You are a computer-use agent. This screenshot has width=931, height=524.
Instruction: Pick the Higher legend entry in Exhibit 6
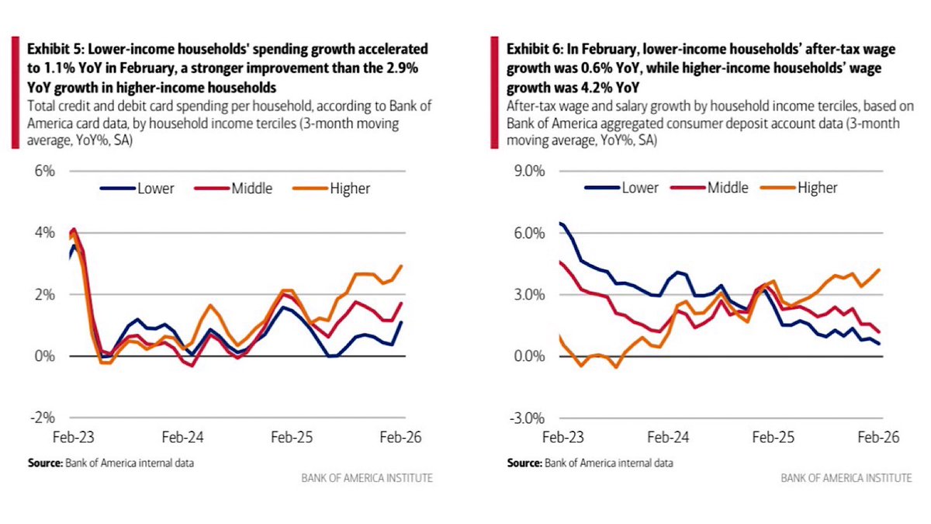[816, 188]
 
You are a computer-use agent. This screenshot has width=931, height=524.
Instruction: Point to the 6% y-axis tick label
[44, 171]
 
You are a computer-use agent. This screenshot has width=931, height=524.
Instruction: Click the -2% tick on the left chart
[43, 418]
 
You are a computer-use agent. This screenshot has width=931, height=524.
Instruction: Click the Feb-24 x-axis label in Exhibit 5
[183, 437]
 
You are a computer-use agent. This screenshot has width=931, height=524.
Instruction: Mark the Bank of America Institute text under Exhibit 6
[846, 478]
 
